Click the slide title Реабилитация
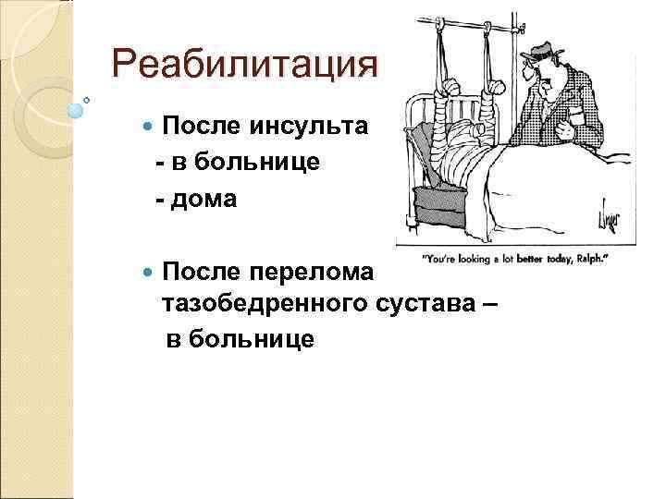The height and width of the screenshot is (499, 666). pos(244,65)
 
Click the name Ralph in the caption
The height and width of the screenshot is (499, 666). pos(587,259)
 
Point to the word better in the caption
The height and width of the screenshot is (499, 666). pos(523,259)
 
